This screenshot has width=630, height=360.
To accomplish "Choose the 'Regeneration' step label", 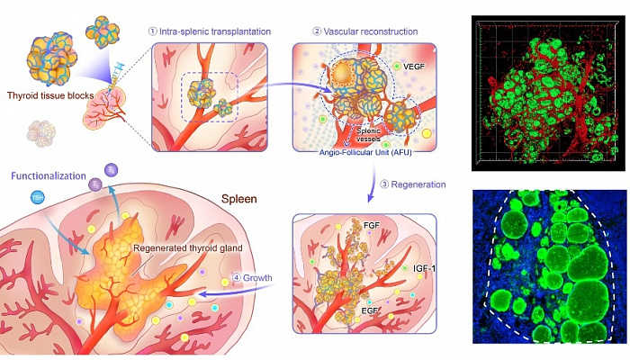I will tap(414, 184).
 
